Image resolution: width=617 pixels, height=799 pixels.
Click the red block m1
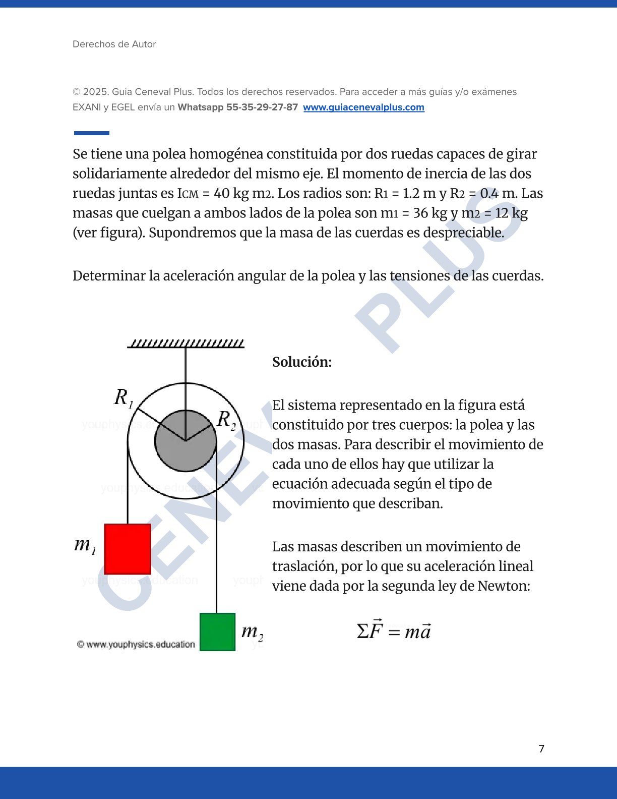pos(128,549)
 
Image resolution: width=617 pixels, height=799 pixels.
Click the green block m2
pos(217,632)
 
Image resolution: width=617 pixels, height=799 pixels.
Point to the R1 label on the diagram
pos(123,397)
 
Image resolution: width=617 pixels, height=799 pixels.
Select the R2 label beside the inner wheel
pos(226,420)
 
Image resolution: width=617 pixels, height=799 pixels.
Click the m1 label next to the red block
pos(85,545)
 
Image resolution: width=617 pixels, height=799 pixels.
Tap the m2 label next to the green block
pos(252,632)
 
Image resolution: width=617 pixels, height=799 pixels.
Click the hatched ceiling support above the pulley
pos(186,344)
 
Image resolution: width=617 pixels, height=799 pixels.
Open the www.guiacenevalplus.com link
pos(363,107)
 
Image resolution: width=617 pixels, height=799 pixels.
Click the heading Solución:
pos(302,362)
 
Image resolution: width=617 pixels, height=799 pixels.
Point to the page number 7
pos(541,749)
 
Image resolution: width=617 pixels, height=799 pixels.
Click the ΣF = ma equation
pos(394,631)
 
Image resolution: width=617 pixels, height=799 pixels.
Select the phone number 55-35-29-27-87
pos(262,107)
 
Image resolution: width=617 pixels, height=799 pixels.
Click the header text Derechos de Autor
pos(114,44)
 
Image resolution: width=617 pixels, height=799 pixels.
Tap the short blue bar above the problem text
pos(92,133)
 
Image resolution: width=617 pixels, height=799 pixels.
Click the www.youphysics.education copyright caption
pos(136,645)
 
